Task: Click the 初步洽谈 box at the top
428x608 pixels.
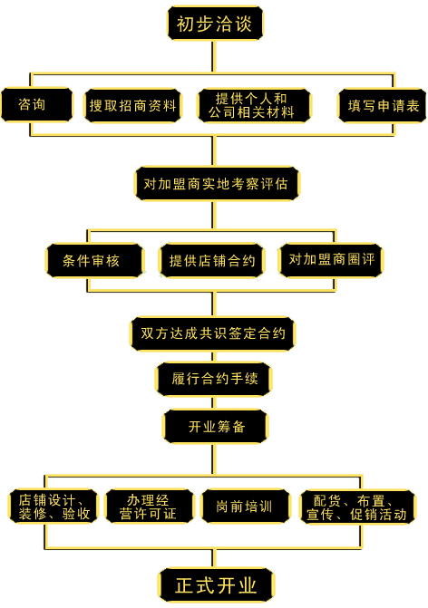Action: point(215,23)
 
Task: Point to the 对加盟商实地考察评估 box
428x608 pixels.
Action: point(215,183)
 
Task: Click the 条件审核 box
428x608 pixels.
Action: point(95,261)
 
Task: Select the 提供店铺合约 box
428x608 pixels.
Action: point(212,261)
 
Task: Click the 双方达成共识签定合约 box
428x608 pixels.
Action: point(213,333)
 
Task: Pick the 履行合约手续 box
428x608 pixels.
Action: point(213,379)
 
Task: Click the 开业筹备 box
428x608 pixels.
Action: point(215,426)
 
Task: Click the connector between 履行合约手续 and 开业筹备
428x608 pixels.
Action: point(214,402)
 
